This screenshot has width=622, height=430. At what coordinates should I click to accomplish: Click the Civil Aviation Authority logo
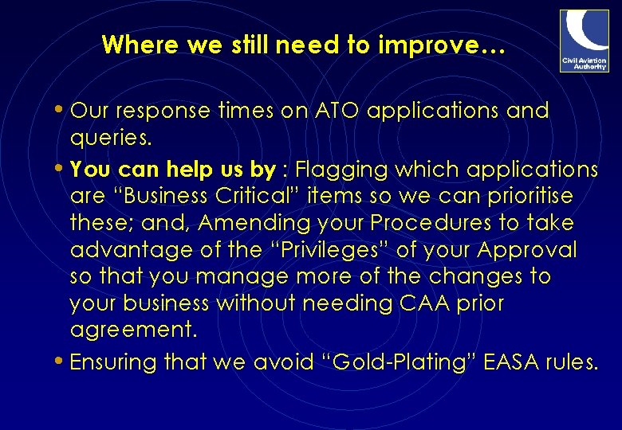tap(584, 40)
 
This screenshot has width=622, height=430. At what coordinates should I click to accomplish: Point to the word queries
tap(110, 138)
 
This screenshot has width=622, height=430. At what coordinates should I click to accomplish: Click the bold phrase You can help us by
tap(172, 170)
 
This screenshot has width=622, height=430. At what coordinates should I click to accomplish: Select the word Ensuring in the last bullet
tap(113, 363)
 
